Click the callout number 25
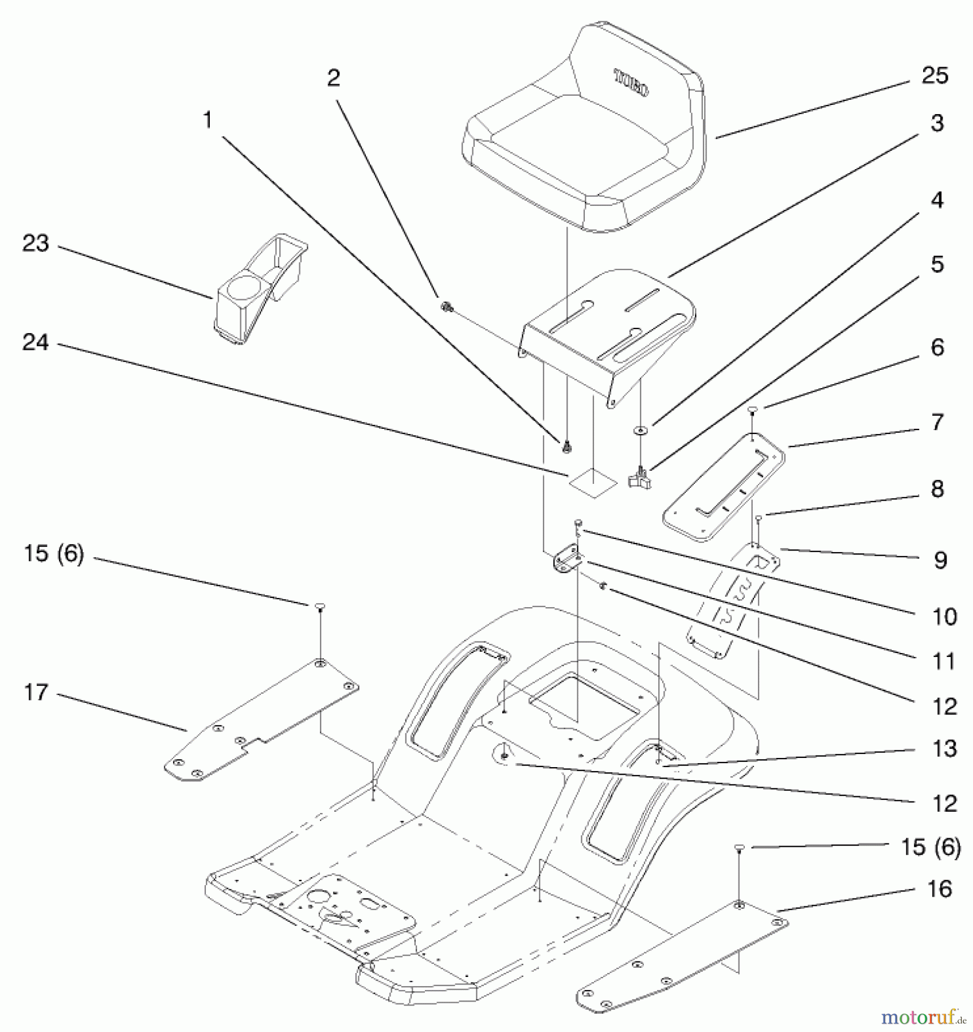[935, 76]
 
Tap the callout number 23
[36, 244]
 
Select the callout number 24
[36, 343]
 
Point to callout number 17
[36, 693]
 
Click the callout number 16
[939, 889]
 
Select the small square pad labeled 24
[592, 481]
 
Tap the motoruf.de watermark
[923, 1017]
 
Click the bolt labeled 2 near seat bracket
[445, 307]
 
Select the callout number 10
[944, 617]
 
